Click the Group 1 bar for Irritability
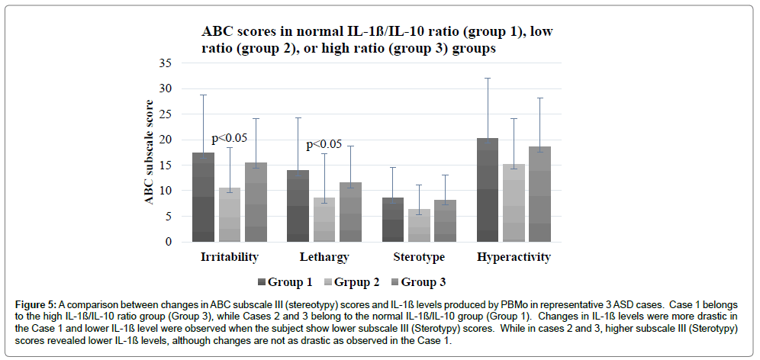[203, 198]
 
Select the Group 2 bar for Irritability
[229, 215]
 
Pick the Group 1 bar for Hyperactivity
[488, 190]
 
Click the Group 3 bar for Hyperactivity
[539, 194]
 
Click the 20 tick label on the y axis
[165, 140]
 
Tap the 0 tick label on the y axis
[168, 242]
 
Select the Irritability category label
[229, 257]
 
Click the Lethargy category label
[324, 257]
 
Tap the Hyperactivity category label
[514, 257]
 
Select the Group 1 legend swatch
[262, 282]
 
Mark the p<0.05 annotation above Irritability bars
[230, 138]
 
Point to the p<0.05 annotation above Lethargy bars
[324, 145]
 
